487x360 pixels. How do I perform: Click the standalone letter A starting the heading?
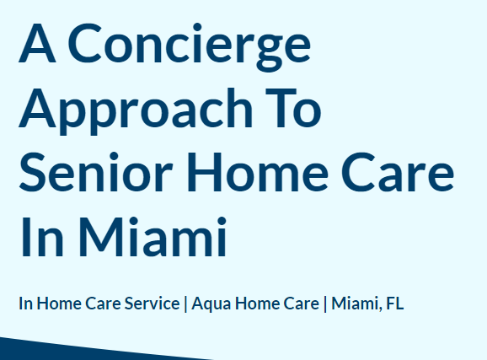(x=38, y=44)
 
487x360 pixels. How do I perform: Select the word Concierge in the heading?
(x=190, y=47)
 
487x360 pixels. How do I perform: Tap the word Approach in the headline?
(x=136, y=111)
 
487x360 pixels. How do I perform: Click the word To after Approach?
(x=293, y=108)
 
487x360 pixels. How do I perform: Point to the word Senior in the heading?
(x=96, y=173)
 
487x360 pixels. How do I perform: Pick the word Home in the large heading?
(x=258, y=173)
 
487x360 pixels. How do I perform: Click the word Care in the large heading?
(x=398, y=173)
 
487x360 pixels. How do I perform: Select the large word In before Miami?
(x=42, y=237)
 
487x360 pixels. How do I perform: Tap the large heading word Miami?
(x=153, y=237)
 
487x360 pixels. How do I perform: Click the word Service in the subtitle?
(x=152, y=304)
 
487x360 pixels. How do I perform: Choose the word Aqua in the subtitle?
(x=211, y=304)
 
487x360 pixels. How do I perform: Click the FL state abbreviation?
(x=395, y=304)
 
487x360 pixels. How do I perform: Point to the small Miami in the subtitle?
(x=356, y=304)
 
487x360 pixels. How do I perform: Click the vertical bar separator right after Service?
(x=185, y=304)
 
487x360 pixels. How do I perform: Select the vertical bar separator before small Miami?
(x=325, y=304)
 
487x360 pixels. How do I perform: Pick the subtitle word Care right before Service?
(x=103, y=304)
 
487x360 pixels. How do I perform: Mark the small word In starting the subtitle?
(x=26, y=304)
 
